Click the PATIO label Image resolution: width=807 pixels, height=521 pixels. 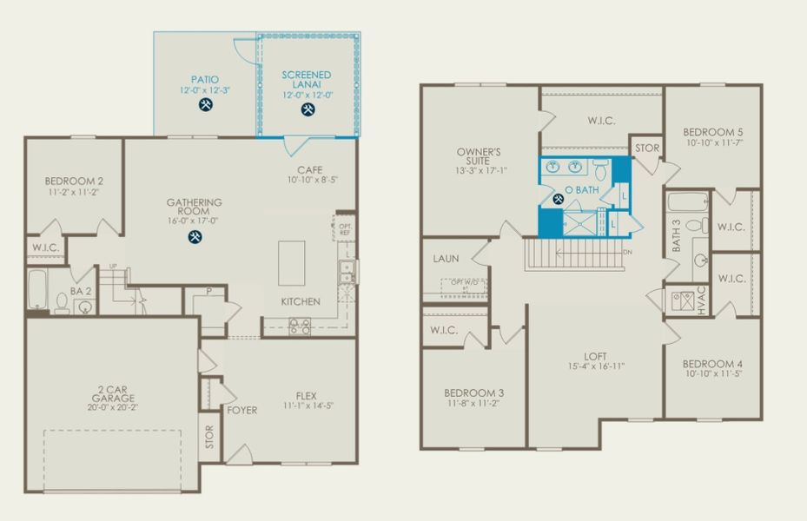coord(205,79)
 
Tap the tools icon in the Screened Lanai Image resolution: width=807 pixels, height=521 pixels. coord(308,109)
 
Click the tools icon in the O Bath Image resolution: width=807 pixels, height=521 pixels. coord(559,199)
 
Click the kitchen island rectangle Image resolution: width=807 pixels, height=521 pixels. coord(292,263)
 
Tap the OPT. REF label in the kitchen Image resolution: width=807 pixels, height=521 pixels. coord(345,229)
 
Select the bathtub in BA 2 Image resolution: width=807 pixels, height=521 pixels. coord(37,290)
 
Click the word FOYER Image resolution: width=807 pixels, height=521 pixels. coord(241,410)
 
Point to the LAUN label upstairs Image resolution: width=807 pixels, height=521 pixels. coord(446,259)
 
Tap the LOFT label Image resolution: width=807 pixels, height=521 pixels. coord(595,355)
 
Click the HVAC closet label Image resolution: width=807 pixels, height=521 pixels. coord(702,300)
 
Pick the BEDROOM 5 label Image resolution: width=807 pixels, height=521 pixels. coord(712,132)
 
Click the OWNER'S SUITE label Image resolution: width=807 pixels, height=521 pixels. coord(479,157)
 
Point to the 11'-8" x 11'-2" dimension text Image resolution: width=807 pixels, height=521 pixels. coord(473,404)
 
